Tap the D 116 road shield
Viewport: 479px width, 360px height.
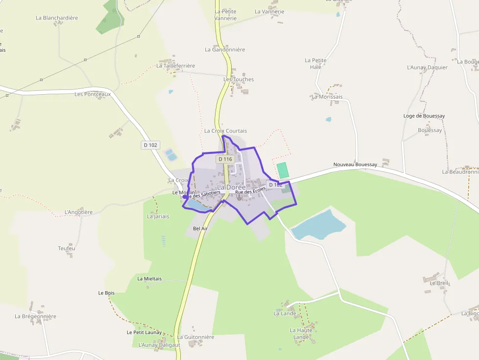225,159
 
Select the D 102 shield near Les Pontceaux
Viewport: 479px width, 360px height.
151,145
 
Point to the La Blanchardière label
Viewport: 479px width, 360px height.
57,18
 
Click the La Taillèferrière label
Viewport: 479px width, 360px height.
176,66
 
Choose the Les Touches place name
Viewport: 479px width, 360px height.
239,80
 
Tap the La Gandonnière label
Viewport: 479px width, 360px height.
225,50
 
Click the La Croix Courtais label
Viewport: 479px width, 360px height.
225,131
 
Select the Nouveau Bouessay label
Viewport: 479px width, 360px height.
355,165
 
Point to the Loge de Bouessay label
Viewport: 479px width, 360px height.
424,116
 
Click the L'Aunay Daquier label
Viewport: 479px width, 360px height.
427,67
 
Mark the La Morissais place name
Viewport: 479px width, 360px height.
327,97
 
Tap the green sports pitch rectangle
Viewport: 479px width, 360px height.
282,170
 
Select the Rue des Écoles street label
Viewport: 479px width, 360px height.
250,191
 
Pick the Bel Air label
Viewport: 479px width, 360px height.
200,229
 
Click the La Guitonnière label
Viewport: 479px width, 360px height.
196,337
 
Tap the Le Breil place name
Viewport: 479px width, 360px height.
439,283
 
